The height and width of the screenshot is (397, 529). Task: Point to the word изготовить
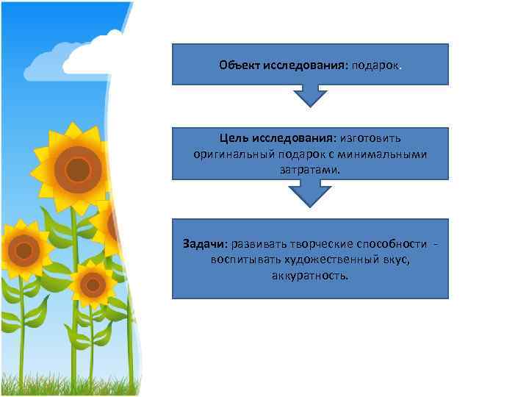[370, 139]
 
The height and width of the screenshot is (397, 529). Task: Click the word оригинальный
[231, 154]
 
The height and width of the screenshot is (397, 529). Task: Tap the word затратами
[310, 170]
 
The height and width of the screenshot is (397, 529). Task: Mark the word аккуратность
[310, 276]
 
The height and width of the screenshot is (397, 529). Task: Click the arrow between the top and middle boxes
[310, 96]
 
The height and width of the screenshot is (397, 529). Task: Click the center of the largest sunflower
[77, 170]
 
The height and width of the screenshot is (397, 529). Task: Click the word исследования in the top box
[302, 65]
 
